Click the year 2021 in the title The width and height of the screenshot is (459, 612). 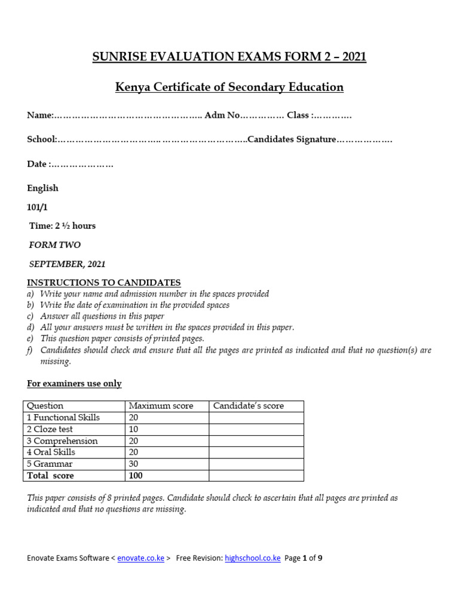pyautogui.click(x=351, y=57)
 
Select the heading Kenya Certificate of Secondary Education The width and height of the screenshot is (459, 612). pyautogui.click(x=229, y=87)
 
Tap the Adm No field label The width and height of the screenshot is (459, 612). pyautogui.click(x=222, y=115)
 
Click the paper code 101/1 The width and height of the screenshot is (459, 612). pyautogui.click(x=37, y=207)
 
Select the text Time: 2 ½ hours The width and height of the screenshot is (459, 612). pyautogui.click(x=63, y=226)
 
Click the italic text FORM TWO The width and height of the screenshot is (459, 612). pyautogui.click(x=55, y=245)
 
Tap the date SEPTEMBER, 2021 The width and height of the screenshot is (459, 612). pyautogui.click(x=68, y=264)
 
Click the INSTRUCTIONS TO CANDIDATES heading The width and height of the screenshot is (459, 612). pyautogui.click(x=103, y=283)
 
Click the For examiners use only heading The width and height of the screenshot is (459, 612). pyautogui.click(x=74, y=384)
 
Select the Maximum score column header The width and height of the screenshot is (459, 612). pyautogui.click(x=161, y=406)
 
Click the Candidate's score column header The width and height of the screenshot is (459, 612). pyautogui.click(x=249, y=406)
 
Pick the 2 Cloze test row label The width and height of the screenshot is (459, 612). pyautogui.click(x=50, y=429)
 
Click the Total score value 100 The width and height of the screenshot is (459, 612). pyautogui.click(x=136, y=476)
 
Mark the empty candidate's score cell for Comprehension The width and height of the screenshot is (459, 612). pyautogui.click(x=256, y=441)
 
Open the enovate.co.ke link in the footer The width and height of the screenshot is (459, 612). pyautogui.click(x=140, y=558)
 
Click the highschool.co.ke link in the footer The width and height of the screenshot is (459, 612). pyautogui.click(x=252, y=558)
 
